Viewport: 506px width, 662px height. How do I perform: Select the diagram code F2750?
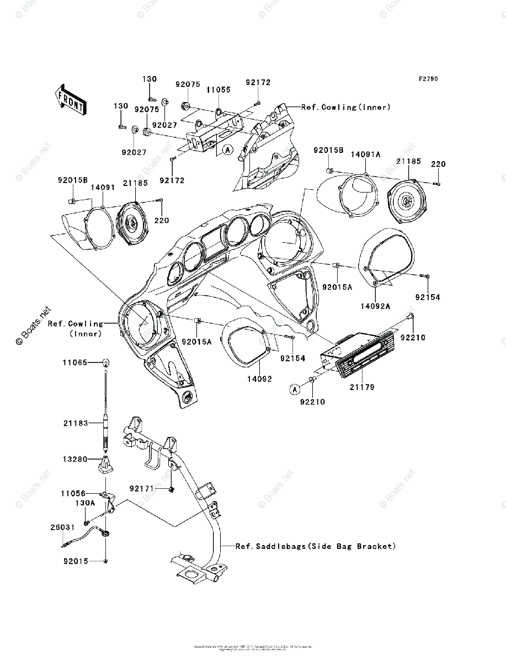point(428,79)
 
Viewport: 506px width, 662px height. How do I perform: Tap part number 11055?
point(218,89)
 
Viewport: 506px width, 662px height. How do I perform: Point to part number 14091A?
point(366,155)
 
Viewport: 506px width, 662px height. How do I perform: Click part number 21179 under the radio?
point(361,387)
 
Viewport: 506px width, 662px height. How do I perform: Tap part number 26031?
point(62,527)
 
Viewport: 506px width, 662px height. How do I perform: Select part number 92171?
point(141,489)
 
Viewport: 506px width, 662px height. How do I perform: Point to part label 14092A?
point(376,305)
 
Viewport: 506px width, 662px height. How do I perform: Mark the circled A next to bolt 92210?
point(295,389)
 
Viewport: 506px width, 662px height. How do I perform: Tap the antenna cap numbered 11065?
point(105,362)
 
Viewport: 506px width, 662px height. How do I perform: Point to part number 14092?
point(258,379)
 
